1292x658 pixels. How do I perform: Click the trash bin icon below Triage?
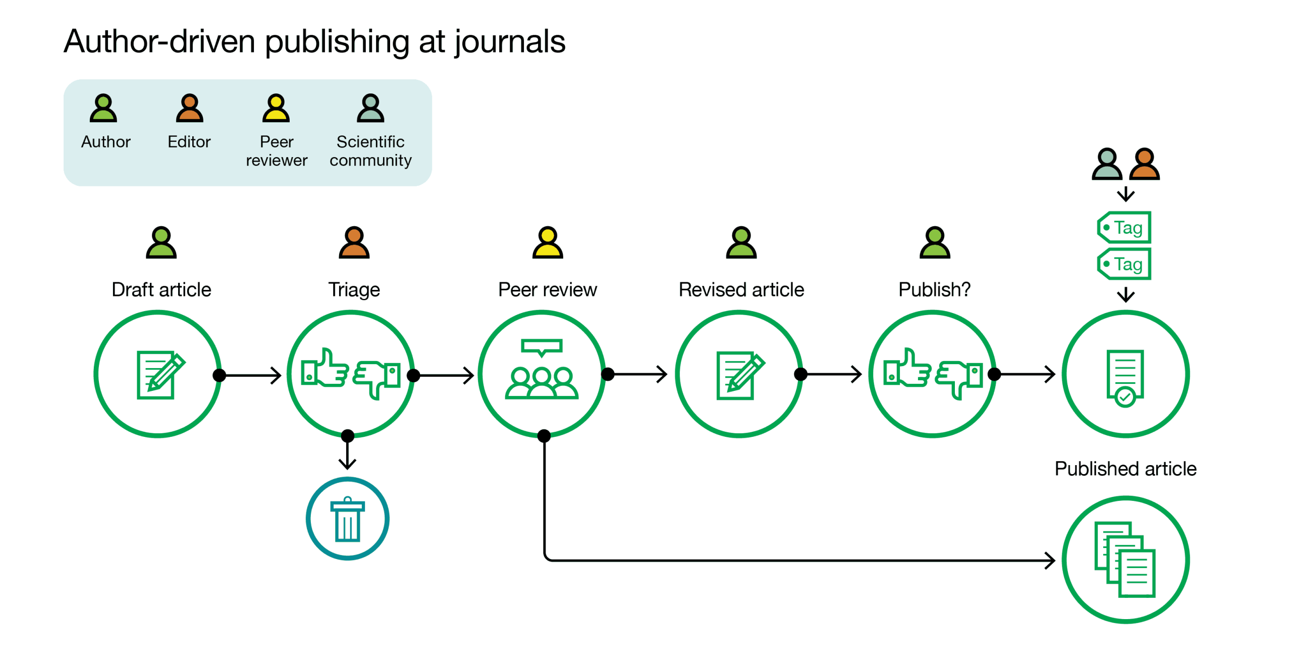(x=347, y=520)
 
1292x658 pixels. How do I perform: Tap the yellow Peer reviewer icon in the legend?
(x=276, y=108)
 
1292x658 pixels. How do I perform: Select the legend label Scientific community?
(x=370, y=150)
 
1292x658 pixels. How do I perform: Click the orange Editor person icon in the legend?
(x=189, y=108)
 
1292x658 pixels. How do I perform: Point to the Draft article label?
(x=161, y=290)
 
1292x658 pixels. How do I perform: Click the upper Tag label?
(x=1124, y=228)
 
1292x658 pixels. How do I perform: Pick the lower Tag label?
(x=1124, y=264)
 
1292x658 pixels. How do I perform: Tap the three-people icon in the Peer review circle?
(x=542, y=382)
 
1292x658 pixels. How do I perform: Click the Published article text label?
(x=1125, y=469)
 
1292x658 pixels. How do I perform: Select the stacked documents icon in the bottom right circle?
(x=1125, y=560)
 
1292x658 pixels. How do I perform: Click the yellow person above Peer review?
(x=548, y=242)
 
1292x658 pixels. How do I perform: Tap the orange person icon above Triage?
(x=354, y=242)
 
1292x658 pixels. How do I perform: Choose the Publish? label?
(x=934, y=290)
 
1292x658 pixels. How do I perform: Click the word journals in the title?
(x=510, y=41)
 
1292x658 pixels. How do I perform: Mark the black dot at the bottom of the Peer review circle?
(x=544, y=436)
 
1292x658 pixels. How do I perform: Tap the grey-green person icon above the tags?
(x=1106, y=164)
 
